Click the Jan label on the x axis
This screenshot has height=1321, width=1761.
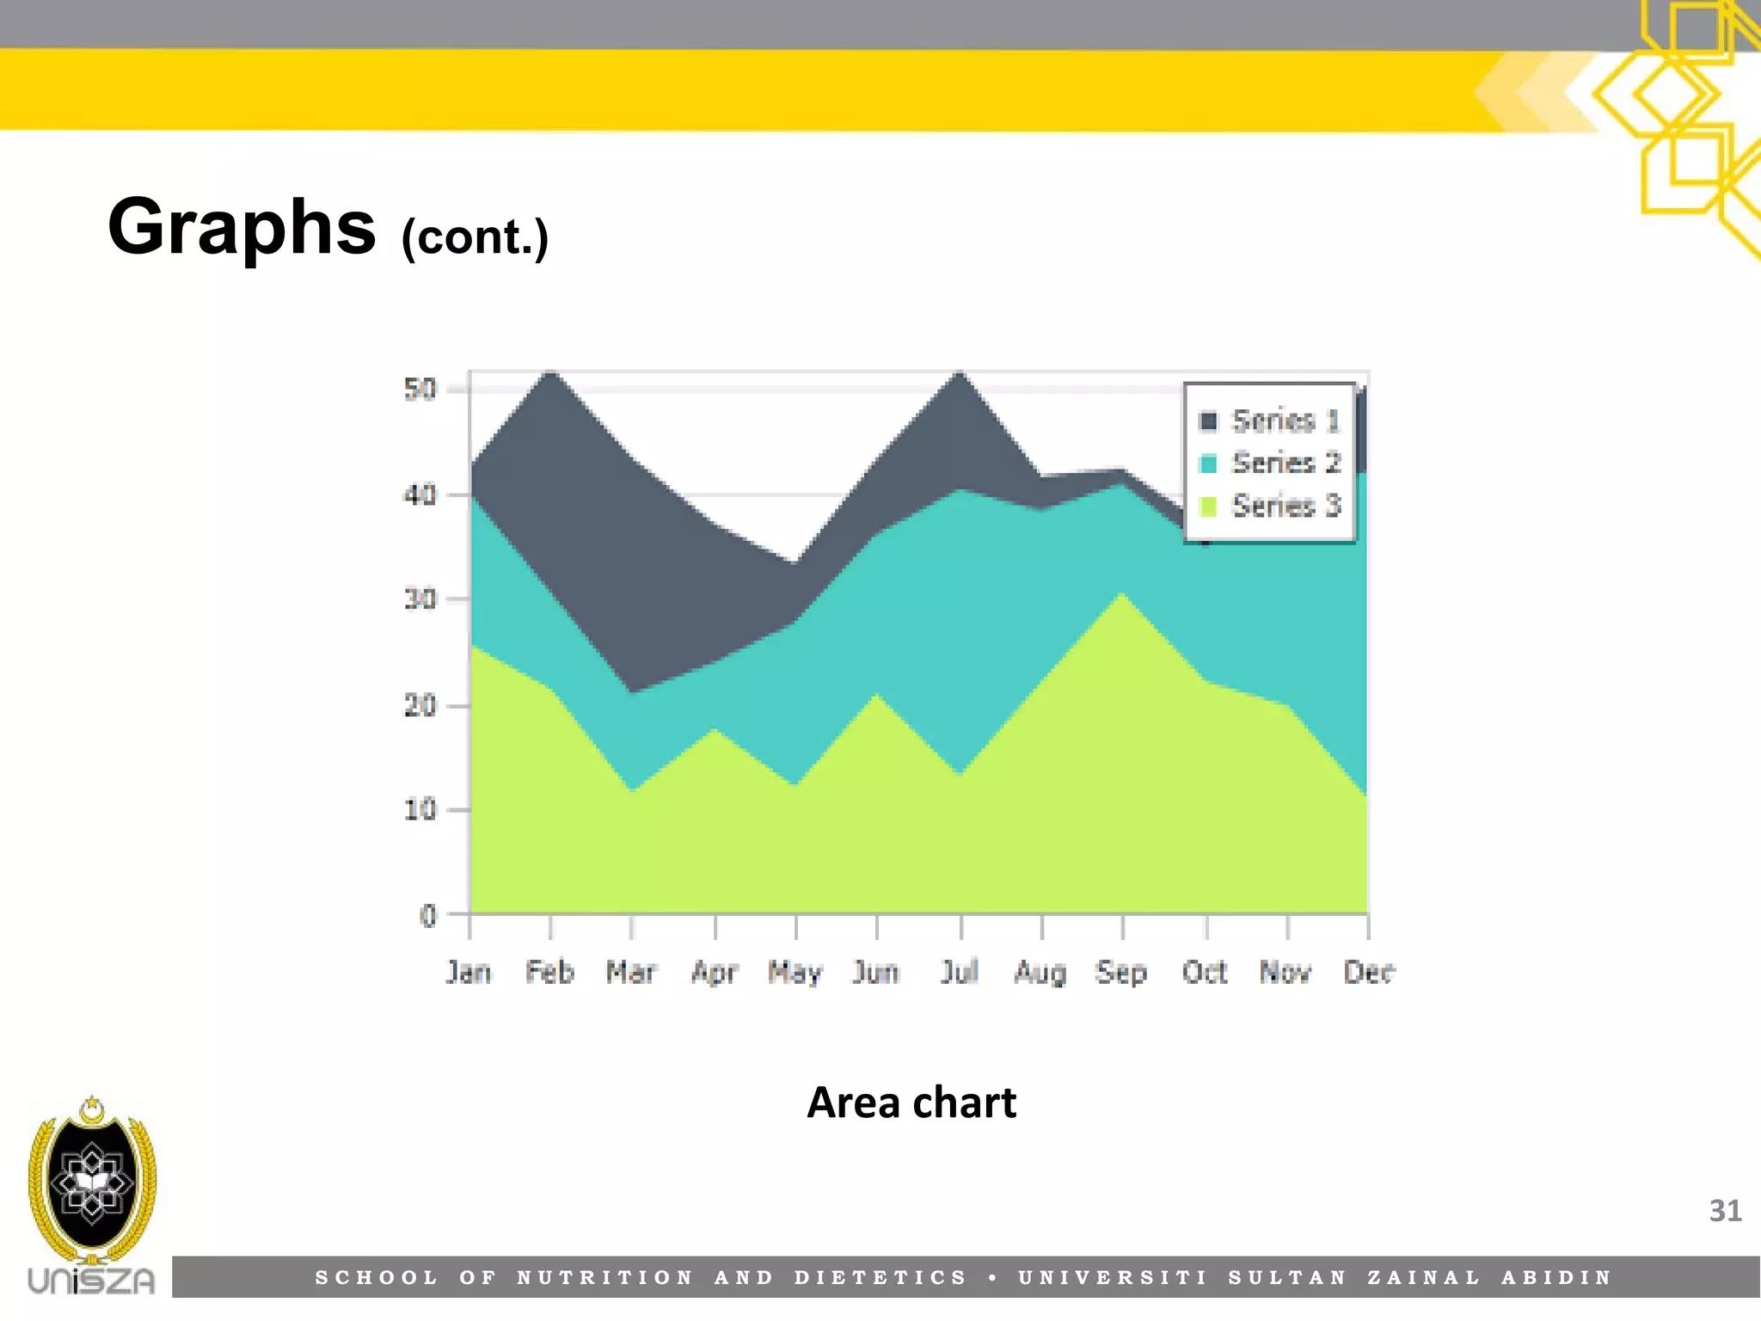pos(469,972)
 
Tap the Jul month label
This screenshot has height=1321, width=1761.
pos(960,972)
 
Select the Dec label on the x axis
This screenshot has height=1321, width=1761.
pos(1369,972)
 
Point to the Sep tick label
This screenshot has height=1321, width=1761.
pos(1121,972)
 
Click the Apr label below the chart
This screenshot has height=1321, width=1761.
pos(715,972)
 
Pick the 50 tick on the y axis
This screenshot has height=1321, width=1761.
pos(420,390)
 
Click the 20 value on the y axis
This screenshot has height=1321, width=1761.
pos(420,706)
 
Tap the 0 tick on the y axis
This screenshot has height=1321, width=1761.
pos(427,916)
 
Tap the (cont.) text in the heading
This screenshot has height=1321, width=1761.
pos(475,237)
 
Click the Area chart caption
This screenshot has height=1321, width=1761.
pos(911,1103)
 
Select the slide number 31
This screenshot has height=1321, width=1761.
pos(1725,1211)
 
